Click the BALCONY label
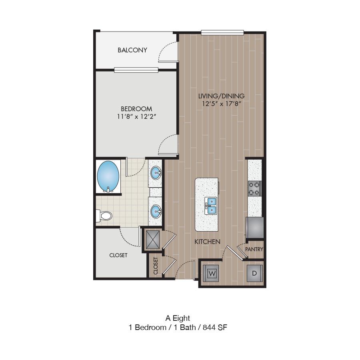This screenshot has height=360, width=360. pos(132,50)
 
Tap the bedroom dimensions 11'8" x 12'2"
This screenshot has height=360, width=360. pos(136,117)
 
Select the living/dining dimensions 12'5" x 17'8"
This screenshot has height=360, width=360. pos(221,104)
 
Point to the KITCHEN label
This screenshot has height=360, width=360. pos(207,242)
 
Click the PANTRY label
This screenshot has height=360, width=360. pos(254,249)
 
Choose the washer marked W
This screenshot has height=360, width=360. pos(211,273)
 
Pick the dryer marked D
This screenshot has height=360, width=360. pos(255,273)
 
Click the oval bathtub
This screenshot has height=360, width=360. pos(108,176)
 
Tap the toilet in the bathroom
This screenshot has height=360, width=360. pos(104,216)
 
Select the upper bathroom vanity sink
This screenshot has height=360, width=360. pos(156,173)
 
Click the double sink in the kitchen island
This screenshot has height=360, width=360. pos(211,206)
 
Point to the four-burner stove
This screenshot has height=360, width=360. pos(254,188)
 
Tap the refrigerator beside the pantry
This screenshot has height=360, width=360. pos(255,228)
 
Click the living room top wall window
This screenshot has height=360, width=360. pos(222,32)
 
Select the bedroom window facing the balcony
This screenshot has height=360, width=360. pos(136,70)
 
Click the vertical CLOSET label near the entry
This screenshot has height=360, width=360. pos(156,266)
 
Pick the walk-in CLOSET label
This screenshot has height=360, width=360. pos(118,255)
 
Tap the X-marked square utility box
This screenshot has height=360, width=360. pos(153,240)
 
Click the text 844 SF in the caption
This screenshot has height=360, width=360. pos(215,327)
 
